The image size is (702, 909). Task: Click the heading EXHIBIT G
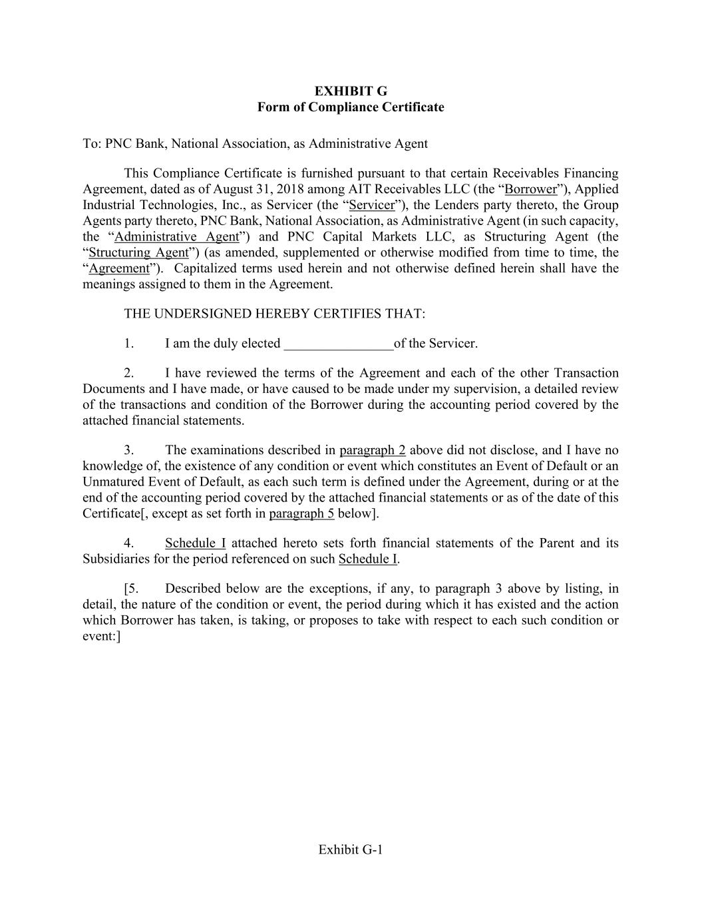[351, 91]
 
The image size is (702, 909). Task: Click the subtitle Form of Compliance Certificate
[351, 107]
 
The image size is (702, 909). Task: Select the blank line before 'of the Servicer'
[339, 344]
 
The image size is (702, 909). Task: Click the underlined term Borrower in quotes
[531, 188]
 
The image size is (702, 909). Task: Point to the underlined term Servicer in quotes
[372, 204]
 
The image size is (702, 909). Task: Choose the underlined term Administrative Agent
[176, 236]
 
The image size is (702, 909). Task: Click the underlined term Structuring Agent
[139, 252]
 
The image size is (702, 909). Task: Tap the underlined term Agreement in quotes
[119, 268]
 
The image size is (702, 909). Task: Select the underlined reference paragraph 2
[373, 450]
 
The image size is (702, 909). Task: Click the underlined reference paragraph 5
[301, 513]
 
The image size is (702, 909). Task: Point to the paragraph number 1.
[128, 344]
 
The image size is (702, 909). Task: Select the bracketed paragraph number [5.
[131, 588]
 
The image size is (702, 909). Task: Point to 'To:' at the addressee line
[92, 143]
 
